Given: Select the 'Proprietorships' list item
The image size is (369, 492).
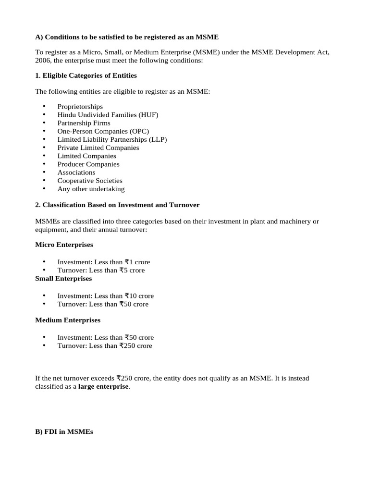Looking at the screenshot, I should [x=80, y=107].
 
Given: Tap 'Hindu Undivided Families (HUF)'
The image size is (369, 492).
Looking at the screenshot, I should [x=108, y=115].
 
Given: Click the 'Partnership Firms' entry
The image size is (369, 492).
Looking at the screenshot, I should [x=84, y=123].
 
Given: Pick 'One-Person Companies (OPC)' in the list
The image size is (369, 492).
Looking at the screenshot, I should [x=103, y=131].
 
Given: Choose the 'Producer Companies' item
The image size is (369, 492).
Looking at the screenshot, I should [x=88, y=164].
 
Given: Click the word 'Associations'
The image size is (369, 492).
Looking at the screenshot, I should [x=76, y=172].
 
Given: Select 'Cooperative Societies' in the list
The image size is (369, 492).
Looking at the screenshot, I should [x=90, y=181].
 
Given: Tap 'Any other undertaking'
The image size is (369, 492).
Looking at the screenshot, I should [x=91, y=189].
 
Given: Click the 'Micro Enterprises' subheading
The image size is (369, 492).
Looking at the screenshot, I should [x=64, y=245].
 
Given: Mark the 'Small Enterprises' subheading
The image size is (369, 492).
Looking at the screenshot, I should [x=63, y=279].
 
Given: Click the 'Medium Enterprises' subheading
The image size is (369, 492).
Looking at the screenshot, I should [x=68, y=320].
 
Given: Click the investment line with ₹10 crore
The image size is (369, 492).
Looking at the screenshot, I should [x=106, y=296].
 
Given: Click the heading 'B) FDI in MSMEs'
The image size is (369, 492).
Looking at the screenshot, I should [x=64, y=432].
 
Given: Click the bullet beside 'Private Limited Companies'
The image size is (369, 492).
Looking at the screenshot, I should [x=44, y=148].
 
